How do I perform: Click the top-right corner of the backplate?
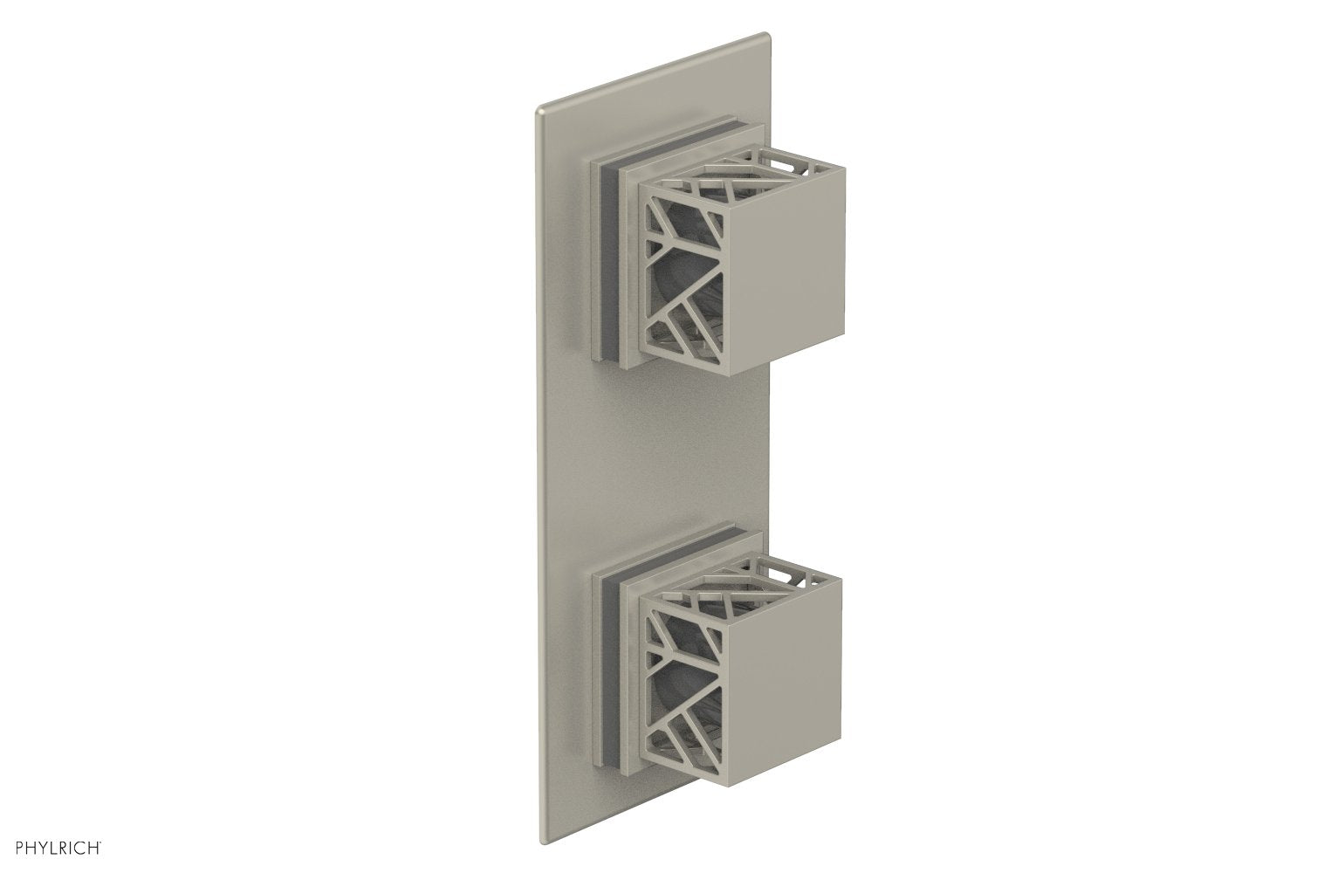[765, 37]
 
